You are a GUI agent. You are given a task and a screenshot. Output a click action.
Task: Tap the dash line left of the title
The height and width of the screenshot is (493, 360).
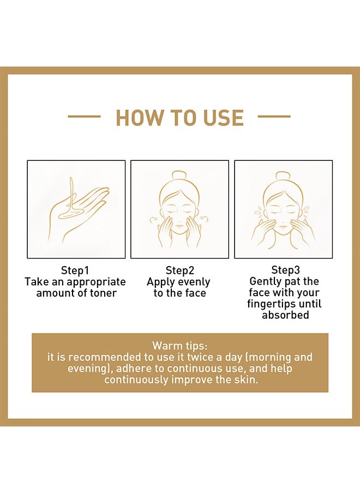pos(84,117)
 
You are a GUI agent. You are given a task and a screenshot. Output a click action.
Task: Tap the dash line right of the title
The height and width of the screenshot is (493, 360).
pos(274,117)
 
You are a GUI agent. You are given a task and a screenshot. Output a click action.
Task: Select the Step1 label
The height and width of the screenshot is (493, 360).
pos(75,270)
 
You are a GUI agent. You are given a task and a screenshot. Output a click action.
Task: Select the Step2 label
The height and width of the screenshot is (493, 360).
pos(180,270)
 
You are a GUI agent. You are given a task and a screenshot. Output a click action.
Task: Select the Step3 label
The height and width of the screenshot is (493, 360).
pos(285,270)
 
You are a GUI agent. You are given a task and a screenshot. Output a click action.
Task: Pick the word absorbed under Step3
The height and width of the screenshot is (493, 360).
pos(285,315)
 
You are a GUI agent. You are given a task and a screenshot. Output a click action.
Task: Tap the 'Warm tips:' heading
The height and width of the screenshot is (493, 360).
pos(180,346)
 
